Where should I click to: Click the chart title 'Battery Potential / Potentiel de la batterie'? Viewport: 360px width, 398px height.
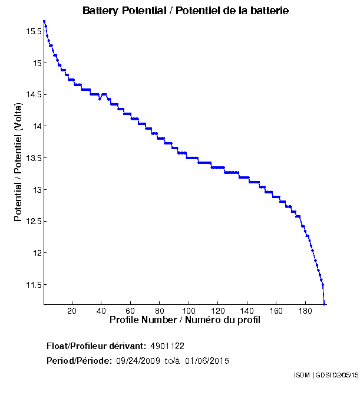click(x=186, y=11)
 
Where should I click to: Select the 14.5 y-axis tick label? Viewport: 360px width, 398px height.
click(x=32, y=94)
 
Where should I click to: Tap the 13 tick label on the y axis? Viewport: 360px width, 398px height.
click(x=37, y=189)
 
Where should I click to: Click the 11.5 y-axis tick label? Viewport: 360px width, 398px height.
click(x=32, y=285)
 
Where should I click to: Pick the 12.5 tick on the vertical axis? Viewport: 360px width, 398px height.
click(x=32, y=221)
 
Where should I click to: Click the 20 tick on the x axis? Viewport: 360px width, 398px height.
click(x=72, y=311)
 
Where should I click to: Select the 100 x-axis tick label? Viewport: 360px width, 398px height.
click(x=189, y=311)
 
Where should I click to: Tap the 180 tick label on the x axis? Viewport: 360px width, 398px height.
click(x=305, y=311)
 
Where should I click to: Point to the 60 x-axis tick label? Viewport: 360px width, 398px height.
click(x=130, y=311)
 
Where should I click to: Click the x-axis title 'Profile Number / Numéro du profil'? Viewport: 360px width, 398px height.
click(x=185, y=320)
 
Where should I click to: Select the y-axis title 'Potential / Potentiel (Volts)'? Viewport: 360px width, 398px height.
click(x=18, y=161)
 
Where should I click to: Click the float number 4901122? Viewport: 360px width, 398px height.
click(x=167, y=346)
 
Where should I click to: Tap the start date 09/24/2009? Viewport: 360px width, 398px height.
click(x=137, y=360)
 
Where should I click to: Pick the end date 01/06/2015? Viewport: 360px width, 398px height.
click(x=207, y=360)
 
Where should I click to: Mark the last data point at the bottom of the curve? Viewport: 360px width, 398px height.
click(x=324, y=304)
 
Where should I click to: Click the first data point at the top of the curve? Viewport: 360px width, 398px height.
click(x=44, y=21)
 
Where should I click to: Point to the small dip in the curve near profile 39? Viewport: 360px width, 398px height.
click(x=100, y=99)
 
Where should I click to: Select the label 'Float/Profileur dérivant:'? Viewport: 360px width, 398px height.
click(x=97, y=346)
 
